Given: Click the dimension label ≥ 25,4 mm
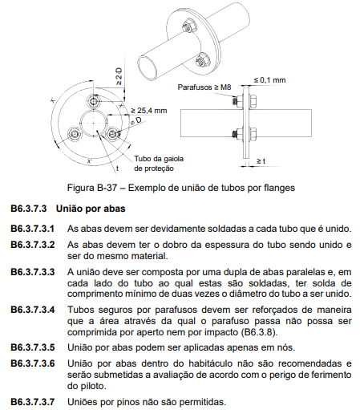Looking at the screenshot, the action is pos(149,111).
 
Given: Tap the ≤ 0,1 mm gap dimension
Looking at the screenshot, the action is pos(269,80).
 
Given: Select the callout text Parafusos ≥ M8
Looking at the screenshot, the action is pos(204,87).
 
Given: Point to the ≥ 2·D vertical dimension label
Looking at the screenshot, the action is pos(119,77).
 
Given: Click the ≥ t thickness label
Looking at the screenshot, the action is pos(261,161).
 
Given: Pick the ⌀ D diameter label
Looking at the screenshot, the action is pos(136,121).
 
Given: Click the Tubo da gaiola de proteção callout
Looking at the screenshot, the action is pos(159,164).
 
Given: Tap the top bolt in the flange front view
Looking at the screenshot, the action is pos(94,102).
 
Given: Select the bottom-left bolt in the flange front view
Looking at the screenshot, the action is pos(74,134).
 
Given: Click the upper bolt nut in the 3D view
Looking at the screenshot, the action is pos(187,26).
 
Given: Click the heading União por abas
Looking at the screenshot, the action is pos(91,209).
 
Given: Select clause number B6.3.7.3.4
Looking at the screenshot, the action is pos(33,310).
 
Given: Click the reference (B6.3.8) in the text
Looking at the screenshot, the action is pos(259,332).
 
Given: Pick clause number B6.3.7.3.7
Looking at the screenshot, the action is pos(33,402).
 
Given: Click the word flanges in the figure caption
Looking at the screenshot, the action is pos(279,188).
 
